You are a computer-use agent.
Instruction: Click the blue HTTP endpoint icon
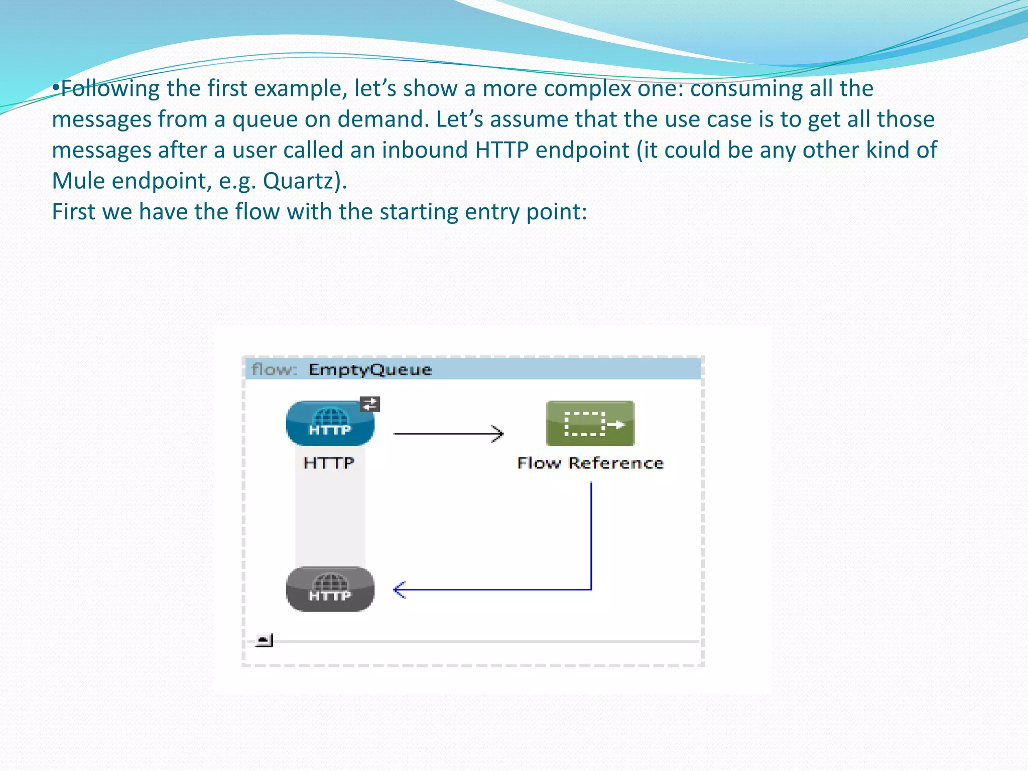coord(330,423)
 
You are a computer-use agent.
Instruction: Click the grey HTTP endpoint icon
coord(330,589)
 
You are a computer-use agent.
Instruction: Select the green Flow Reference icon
coord(590,423)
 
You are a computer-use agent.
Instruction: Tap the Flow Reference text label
coord(590,463)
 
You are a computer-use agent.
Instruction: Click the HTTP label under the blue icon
coord(329,463)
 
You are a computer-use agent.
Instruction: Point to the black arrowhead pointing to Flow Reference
coord(497,434)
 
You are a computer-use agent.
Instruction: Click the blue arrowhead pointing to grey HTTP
coord(400,590)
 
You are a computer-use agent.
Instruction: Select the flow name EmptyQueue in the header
coord(370,370)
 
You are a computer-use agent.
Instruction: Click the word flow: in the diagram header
coord(274,370)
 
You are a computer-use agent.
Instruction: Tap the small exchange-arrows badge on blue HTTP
coord(370,404)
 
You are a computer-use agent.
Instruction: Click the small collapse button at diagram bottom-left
coord(264,640)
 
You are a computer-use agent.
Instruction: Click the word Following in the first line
coord(110,89)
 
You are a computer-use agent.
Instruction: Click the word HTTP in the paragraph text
coord(501,151)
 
